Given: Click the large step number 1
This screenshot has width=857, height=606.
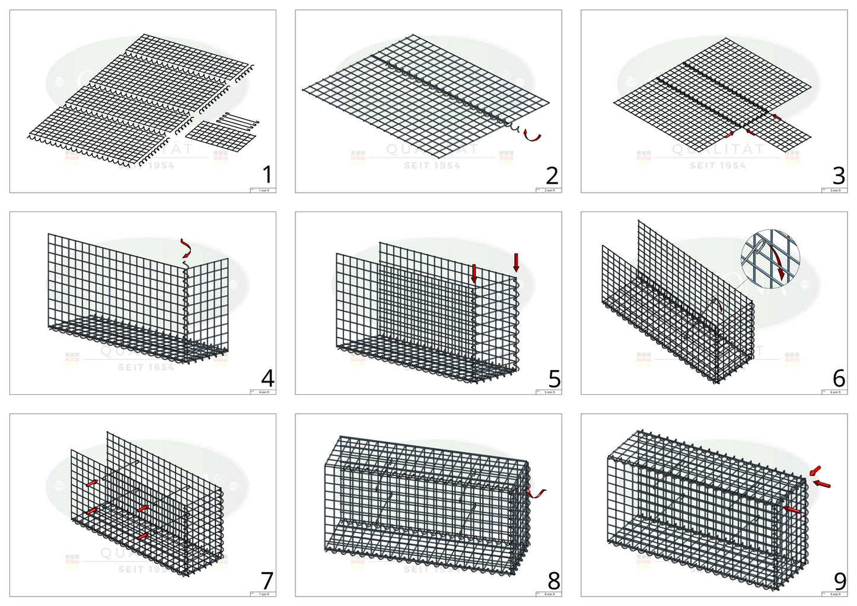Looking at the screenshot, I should click(267, 175).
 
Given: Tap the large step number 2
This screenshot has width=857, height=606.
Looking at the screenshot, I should click(552, 175).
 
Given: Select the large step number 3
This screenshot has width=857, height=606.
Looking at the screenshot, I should click(838, 175).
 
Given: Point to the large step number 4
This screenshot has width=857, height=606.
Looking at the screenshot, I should click(267, 378).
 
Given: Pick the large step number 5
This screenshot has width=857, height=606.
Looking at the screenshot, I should click(553, 378).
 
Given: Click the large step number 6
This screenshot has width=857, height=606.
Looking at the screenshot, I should click(839, 378).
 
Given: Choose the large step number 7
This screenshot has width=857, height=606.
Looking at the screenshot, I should click(267, 580).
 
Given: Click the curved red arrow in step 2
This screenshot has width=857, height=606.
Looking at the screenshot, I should click(533, 136).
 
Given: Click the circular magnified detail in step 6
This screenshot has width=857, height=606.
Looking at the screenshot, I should click(770, 258).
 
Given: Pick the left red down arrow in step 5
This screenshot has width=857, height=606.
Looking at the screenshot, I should click(474, 273).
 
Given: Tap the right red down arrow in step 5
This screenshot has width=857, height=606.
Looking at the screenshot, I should click(516, 262).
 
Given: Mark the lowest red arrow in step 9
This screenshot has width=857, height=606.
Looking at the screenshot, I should click(792, 509).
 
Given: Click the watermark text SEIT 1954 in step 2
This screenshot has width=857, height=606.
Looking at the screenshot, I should click(432, 165).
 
